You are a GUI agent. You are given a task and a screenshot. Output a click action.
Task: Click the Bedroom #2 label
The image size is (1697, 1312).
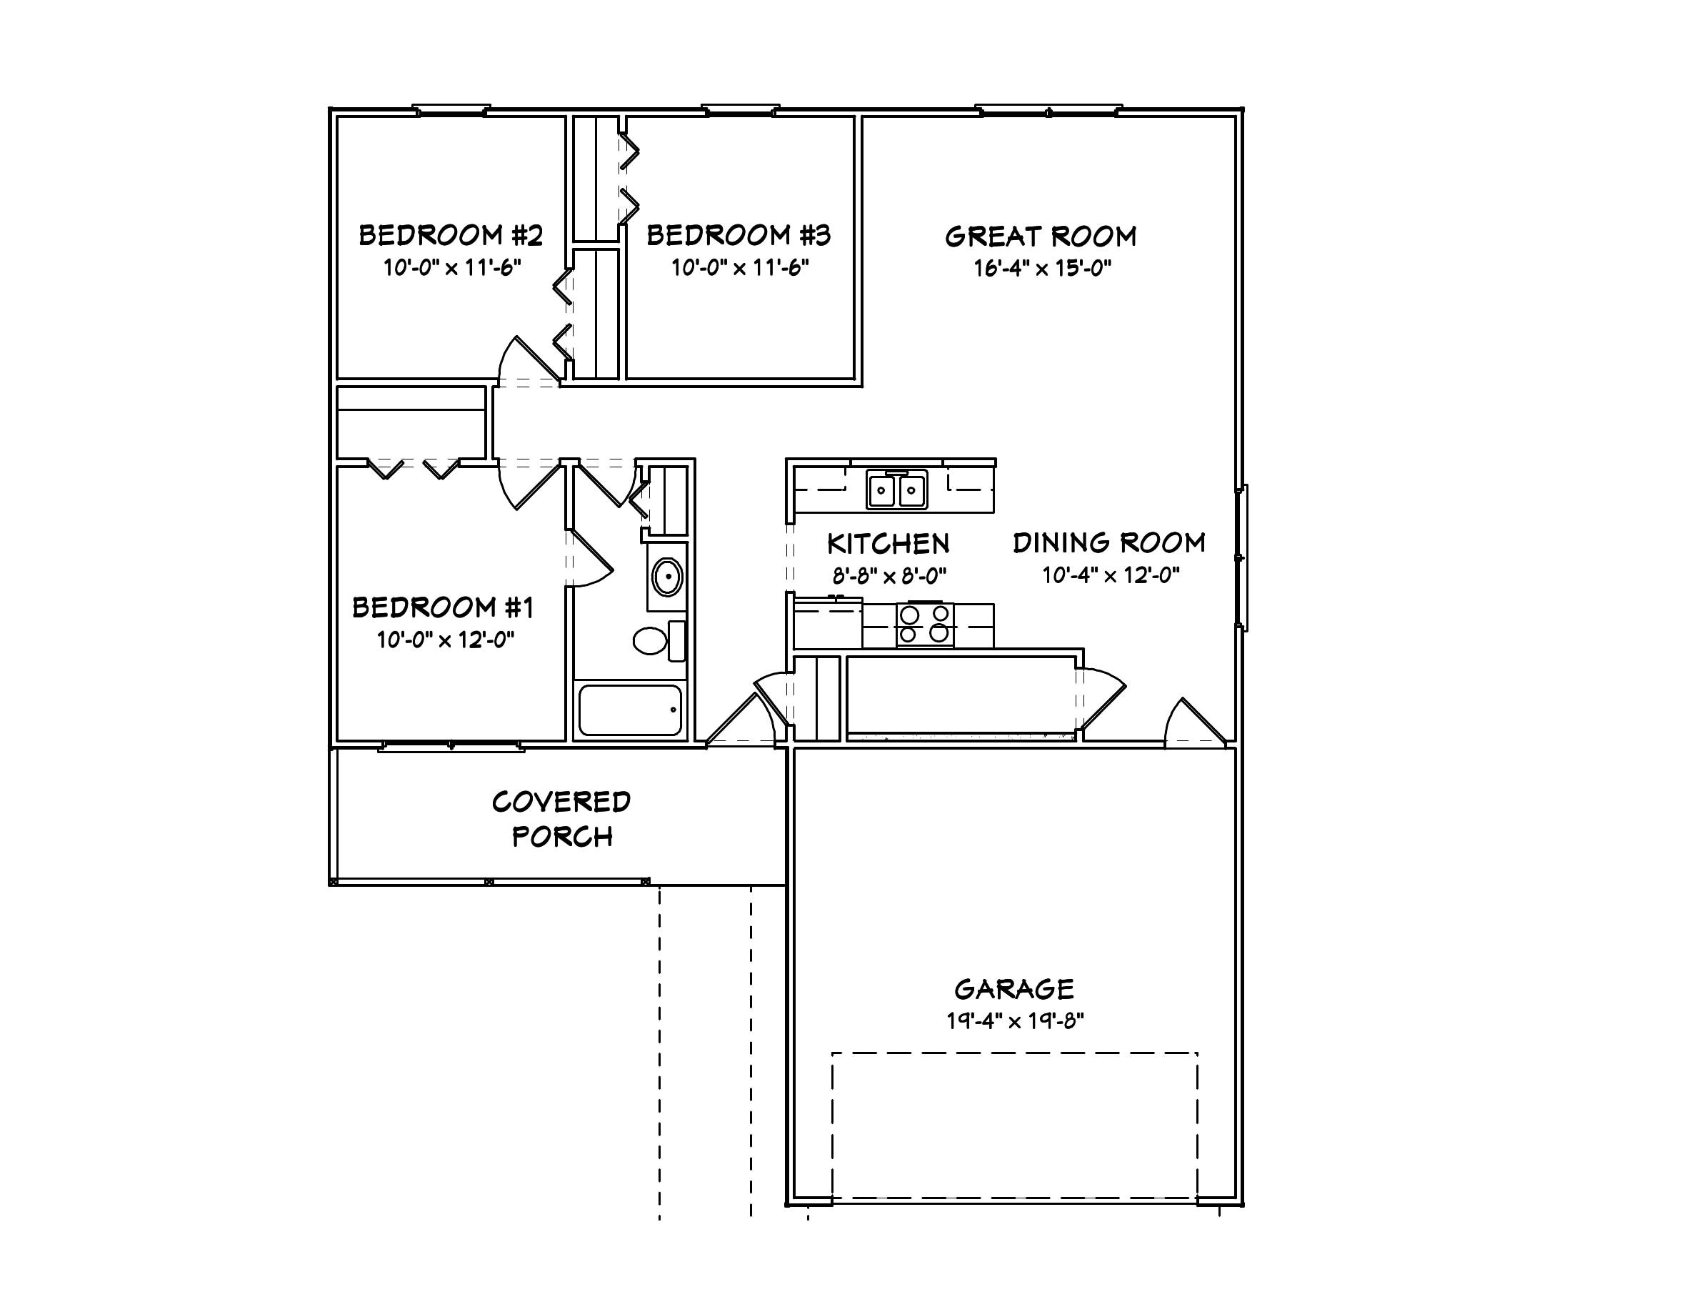click(451, 234)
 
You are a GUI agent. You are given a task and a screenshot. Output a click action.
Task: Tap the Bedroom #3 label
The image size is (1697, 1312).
click(739, 234)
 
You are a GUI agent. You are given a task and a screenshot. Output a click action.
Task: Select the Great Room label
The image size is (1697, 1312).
click(1041, 237)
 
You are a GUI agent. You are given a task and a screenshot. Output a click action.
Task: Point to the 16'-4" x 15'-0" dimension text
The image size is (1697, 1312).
click(1043, 268)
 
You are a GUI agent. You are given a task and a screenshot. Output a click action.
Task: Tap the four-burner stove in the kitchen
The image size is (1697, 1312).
click(925, 624)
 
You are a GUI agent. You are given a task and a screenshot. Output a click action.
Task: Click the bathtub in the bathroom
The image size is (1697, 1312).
click(630, 710)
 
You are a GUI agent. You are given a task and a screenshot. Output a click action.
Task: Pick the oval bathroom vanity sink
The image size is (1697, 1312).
click(666, 577)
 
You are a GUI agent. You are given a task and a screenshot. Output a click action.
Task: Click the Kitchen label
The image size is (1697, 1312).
click(888, 544)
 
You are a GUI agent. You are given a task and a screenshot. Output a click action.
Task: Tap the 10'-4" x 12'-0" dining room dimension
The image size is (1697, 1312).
click(1111, 575)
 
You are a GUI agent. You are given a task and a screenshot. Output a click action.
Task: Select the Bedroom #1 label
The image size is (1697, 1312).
click(444, 607)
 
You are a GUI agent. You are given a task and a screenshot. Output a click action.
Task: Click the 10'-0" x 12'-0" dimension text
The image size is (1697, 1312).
click(446, 640)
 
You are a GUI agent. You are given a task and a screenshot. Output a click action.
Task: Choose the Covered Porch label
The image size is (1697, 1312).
click(562, 819)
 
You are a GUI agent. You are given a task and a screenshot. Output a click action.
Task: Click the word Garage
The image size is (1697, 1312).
click(1014, 990)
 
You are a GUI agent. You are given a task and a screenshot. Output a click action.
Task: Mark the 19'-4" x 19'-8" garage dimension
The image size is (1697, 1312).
click(1016, 1020)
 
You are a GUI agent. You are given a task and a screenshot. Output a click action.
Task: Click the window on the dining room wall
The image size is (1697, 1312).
click(1241, 557)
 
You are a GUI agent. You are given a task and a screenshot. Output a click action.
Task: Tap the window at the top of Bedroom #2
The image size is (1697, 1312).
click(451, 110)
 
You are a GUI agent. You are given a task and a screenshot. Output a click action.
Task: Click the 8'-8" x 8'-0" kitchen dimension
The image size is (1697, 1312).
click(890, 576)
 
